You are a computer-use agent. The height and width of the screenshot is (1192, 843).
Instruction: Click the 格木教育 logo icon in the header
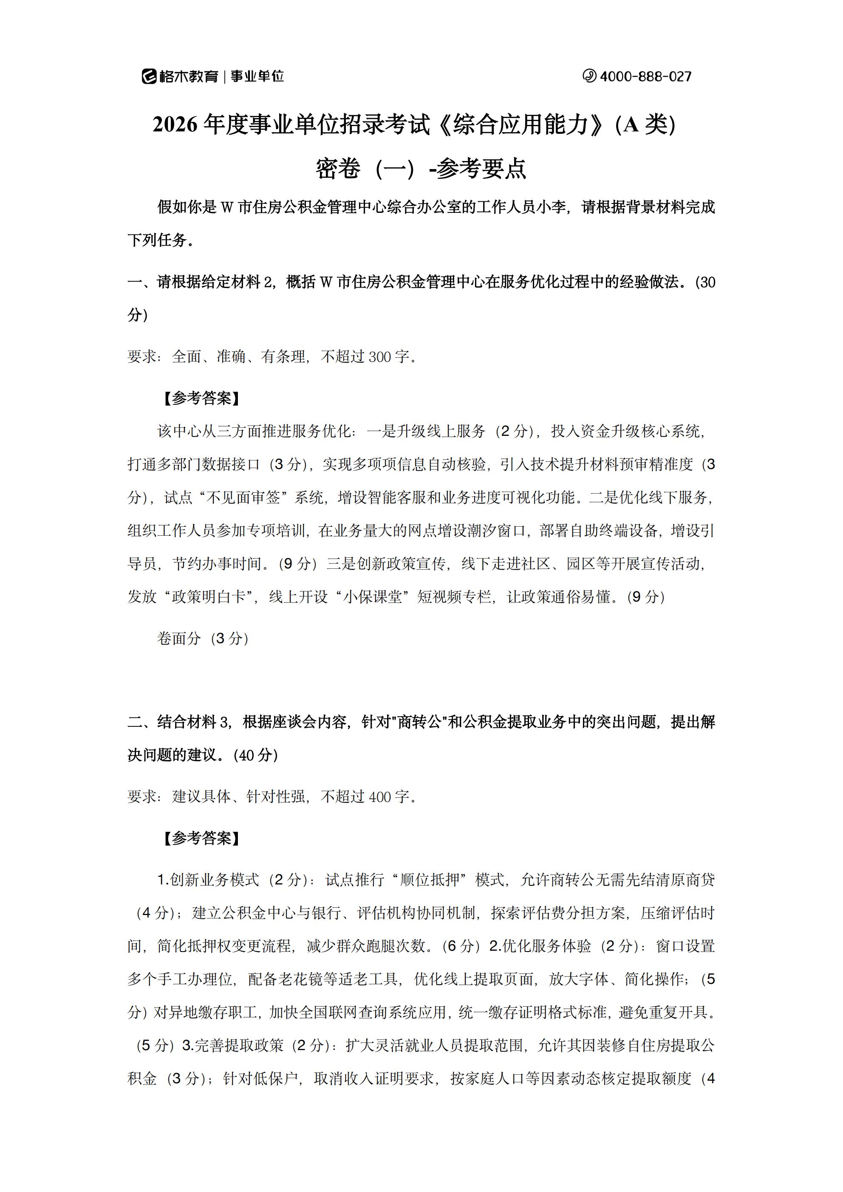149,76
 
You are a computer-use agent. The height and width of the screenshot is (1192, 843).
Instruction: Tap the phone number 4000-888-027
645,77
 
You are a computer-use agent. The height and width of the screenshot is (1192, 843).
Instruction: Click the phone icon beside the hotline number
589,76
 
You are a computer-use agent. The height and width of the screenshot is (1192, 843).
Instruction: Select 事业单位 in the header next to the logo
257,77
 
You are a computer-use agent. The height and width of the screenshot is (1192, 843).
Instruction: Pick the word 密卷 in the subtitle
338,168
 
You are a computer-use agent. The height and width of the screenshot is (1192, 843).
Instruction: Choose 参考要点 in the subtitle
481,168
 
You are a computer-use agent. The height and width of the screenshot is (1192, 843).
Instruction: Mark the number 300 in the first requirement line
380,357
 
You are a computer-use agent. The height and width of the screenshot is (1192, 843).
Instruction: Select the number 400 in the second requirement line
380,797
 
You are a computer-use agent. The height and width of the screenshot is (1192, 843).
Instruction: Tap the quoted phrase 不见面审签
243,497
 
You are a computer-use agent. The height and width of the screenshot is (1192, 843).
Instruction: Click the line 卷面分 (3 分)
203,638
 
